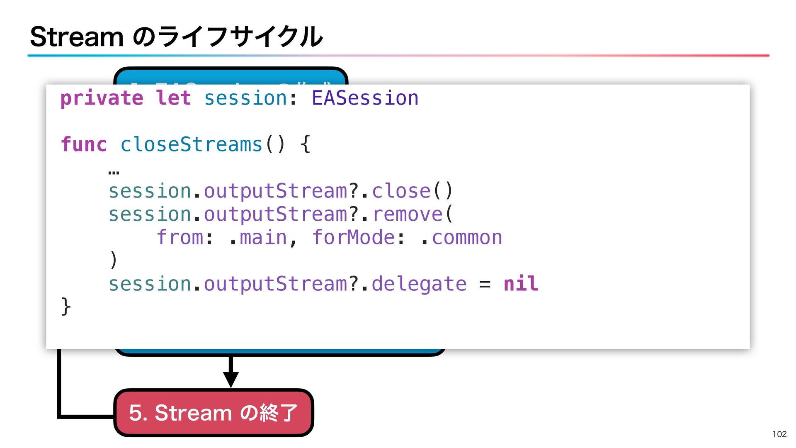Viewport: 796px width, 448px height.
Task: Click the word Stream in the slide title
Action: (77, 37)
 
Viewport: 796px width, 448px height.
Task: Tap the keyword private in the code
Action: (102, 99)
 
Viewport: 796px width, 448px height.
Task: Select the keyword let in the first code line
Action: (173, 98)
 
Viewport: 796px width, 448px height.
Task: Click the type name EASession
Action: (365, 98)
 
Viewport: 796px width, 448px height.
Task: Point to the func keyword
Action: (84, 145)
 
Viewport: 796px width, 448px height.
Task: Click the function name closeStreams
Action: (191, 145)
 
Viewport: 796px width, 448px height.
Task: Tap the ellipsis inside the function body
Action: (114, 172)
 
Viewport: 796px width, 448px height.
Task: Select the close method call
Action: (401, 191)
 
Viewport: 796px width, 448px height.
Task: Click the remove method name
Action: (408, 214)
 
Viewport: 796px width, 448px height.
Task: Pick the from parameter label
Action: (180, 238)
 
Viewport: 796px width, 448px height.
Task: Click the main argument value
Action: (263, 238)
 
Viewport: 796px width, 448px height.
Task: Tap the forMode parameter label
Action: (353, 238)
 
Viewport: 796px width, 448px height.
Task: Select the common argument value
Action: (467, 238)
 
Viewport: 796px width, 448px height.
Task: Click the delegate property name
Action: (419, 284)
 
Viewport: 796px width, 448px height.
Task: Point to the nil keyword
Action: (521, 284)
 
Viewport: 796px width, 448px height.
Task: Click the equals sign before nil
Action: (485, 285)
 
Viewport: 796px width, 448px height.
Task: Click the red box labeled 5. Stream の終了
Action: (214, 413)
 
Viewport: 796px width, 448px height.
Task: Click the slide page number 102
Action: (779, 434)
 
